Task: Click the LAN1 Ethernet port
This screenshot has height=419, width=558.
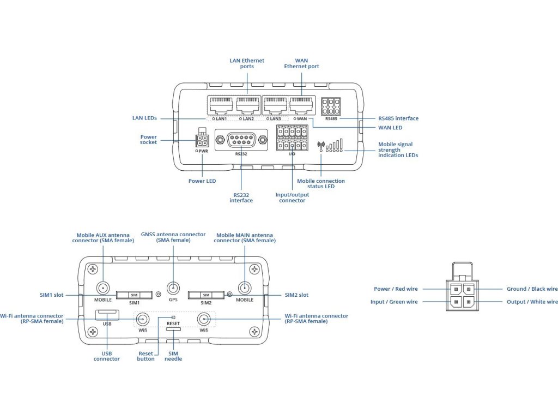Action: [x=220, y=104]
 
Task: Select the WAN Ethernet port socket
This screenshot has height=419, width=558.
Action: [x=301, y=104]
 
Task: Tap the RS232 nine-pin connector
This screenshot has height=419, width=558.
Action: [x=241, y=140]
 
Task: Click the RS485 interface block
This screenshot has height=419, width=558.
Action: [x=331, y=106]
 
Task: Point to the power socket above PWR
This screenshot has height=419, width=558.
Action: [x=202, y=140]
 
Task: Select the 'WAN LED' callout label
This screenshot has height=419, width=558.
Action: [x=390, y=128]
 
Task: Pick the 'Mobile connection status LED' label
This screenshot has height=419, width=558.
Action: [x=321, y=184]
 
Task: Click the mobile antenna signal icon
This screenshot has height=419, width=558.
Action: [x=321, y=146]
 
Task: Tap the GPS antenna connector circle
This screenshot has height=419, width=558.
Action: [x=173, y=289]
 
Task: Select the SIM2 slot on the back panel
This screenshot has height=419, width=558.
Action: [x=206, y=295]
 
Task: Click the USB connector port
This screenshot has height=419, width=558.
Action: [x=107, y=314]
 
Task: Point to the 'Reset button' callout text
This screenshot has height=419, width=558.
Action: [x=146, y=356]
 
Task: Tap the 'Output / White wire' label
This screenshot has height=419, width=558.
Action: [x=531, y=302]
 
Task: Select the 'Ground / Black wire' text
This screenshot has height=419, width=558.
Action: [x=532, y=289]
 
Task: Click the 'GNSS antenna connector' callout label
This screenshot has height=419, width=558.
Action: [x=173, y=237]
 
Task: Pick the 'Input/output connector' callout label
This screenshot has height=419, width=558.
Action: [x=292, y=197]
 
